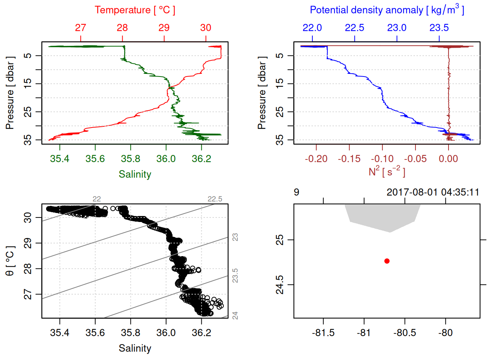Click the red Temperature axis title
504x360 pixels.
(135, 10)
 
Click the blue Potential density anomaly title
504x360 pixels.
(387, 10)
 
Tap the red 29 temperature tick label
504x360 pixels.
(164, 28)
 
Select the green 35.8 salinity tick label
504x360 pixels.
(130, 159)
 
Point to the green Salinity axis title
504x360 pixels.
(135, 174)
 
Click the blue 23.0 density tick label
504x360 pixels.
(397, 28)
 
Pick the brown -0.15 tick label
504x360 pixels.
(349, 159)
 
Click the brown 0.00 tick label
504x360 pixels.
(448, 159)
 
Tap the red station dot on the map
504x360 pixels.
(387, 261)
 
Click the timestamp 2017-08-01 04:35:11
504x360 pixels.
(433, 192)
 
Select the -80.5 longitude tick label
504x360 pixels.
(405, 333)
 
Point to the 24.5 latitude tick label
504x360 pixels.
(280, 285)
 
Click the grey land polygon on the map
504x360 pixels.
(382, 216)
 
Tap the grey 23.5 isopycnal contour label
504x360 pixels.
(235, 276)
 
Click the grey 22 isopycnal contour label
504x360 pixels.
(97, 199)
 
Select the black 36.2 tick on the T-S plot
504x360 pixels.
(201, 333)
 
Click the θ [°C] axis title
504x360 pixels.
(10, 261)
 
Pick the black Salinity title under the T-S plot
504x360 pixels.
(135, 348)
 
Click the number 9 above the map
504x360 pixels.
(297, 192)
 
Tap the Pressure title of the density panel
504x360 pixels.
(262, 93)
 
